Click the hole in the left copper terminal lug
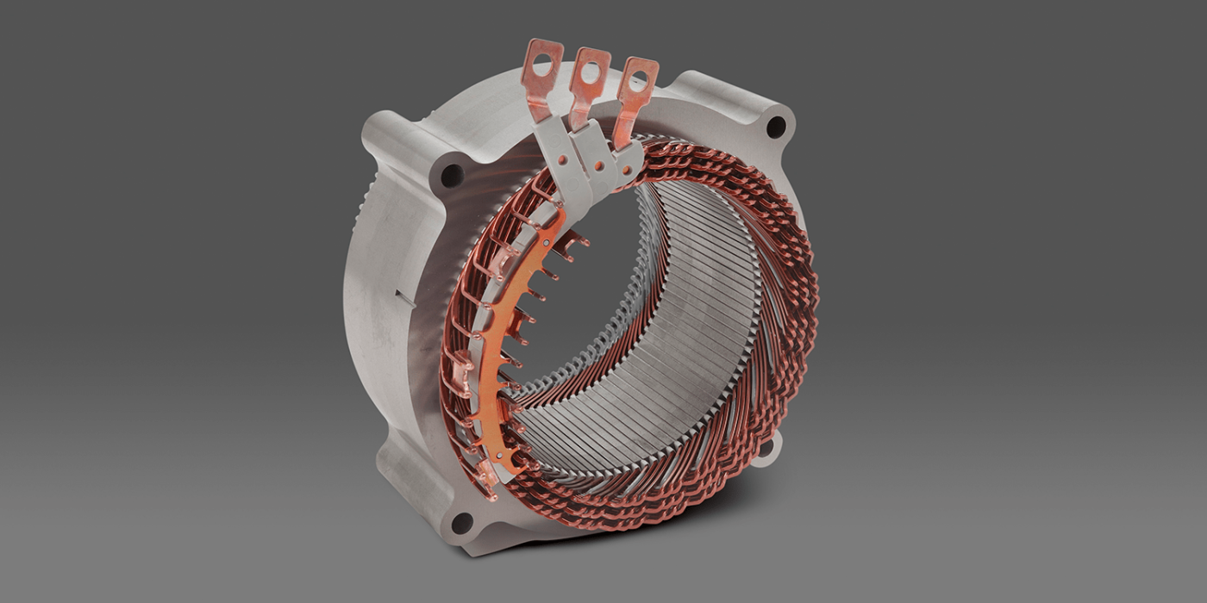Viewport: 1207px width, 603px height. click(543, 63)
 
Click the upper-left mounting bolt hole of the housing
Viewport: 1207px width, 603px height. click(452, 176)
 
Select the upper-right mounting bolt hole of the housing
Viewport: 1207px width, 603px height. click(775, 127)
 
